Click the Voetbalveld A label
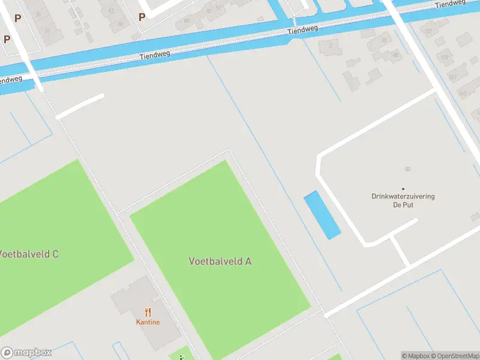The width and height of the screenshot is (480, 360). pyautogui.click(x=220, y=261)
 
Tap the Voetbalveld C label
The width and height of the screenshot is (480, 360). pyautogui.click(x=29, y=254)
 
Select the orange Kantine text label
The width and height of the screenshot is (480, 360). pyautogui.click(x=148, y=322)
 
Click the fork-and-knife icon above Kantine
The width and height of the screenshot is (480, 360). pyautogui.click(x=148, y=312)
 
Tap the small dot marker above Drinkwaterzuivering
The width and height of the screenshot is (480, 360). pyautogui.click(x=403, y=188)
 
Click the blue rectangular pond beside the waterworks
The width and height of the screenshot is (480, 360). pyautogui.click(x=322, y=215)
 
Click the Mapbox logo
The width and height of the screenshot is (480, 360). pyautogui.click(x=26, y=352)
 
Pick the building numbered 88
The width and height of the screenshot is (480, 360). pyautogui.click(x=187, y=21)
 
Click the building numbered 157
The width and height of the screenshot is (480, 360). pyautogui.click(x=428, y=30)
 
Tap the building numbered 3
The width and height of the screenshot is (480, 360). pyautogui.click(x=330, y=46)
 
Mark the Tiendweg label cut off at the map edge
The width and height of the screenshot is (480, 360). pyautogui.click(x=11, y=80)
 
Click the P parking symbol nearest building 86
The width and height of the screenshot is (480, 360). pyautogui.click(x=142, y=17)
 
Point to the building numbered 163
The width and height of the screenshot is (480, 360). pyautogui.click(x=463, y=94)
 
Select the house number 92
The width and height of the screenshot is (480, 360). pyautogui.click(x=218, y=7)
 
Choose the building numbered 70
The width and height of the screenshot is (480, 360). pyautogui.click(x=384, y=40)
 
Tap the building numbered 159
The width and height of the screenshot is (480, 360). pyautogui.click(x=445, y=58)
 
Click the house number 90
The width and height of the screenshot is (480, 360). pyautogui.click(x=208, y=10)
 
